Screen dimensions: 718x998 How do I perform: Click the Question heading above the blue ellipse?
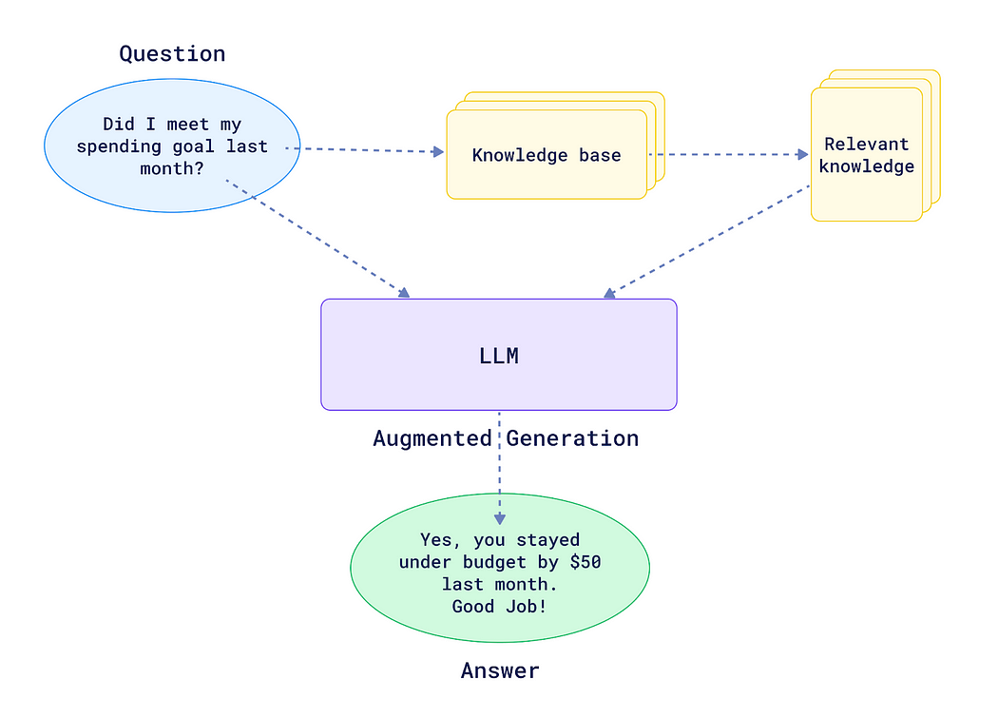point(172,54)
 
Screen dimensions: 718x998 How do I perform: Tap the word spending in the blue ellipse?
point(115,146)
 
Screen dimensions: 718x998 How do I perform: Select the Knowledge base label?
point(547,155)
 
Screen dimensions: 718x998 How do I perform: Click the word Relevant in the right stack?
point(866,145)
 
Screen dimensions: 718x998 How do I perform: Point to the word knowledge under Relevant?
point(866,166)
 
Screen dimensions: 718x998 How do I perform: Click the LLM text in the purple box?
point(499,357)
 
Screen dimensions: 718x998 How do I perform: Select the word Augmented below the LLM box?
point(432,438)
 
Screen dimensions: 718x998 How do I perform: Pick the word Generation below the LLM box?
point(572,438)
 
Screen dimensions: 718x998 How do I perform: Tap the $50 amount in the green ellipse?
point(585,562)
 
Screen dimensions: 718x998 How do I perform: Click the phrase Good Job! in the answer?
point(499,606)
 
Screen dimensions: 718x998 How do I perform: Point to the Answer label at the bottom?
point(500,670)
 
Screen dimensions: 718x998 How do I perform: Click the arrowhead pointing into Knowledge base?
point(438,151)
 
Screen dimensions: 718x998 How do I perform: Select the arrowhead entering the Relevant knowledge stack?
point(802,154)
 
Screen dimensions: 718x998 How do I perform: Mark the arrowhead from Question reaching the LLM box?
point(404,292)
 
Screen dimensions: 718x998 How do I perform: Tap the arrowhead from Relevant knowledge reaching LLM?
point(609,293)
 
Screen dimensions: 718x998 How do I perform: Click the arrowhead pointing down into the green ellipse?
point(499,518)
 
